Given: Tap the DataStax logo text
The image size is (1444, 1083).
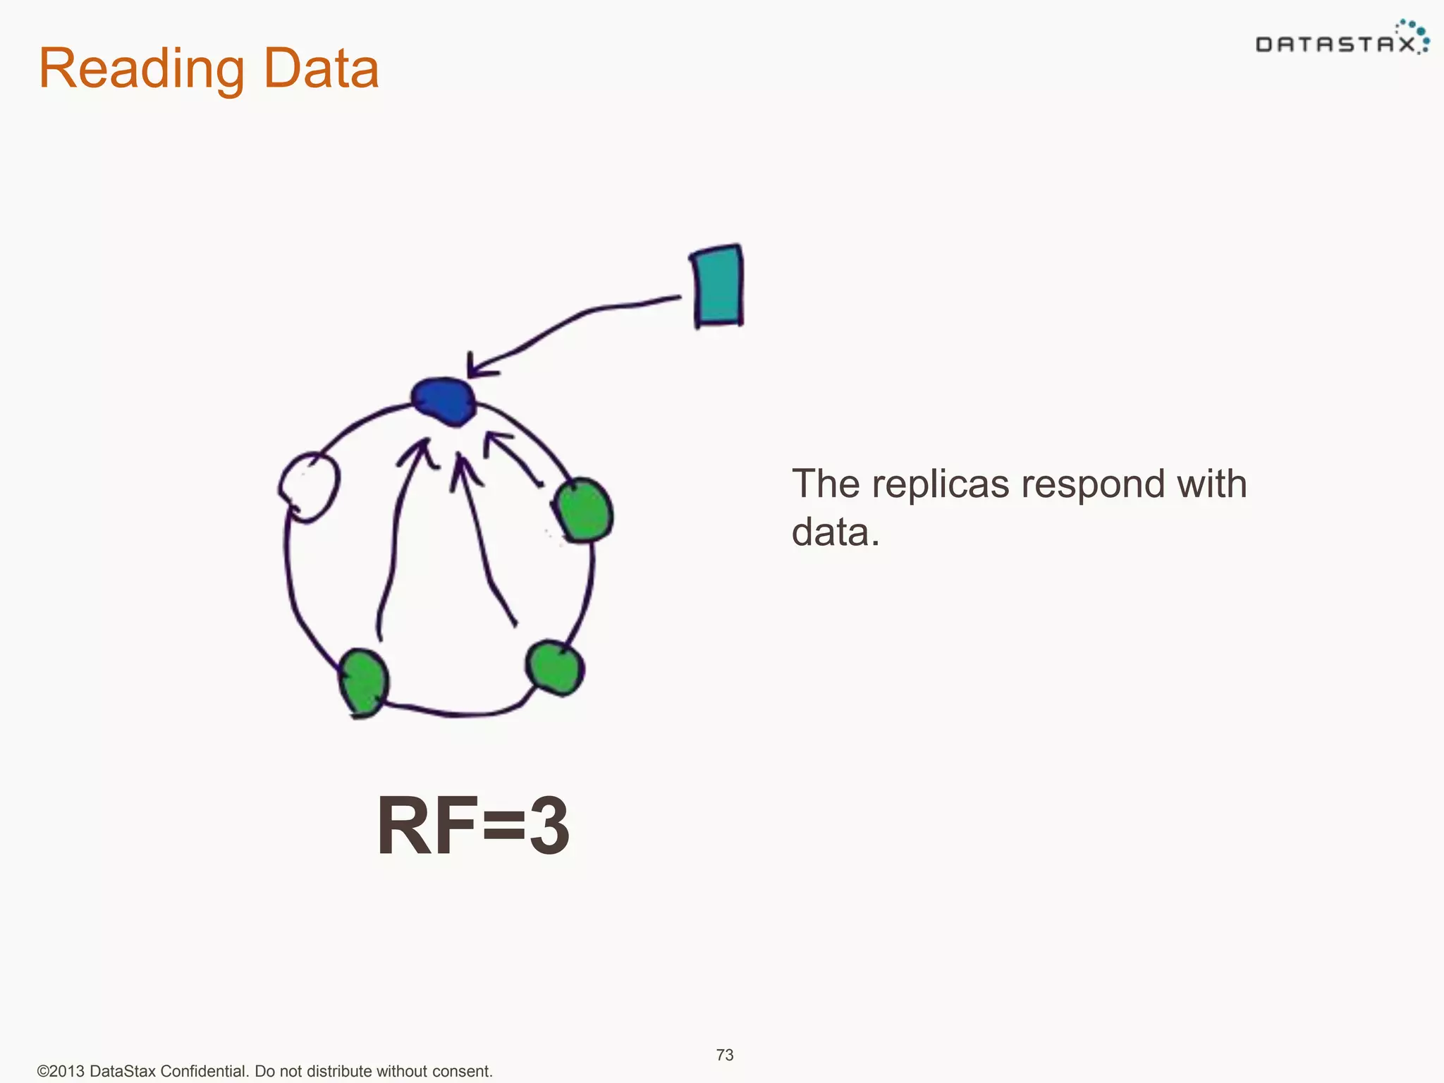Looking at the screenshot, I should [1335, 45].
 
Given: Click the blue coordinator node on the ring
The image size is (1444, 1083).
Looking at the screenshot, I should [443, 401].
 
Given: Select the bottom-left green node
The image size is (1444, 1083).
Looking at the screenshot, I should [363, 682].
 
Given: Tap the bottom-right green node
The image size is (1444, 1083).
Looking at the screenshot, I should [555, 666].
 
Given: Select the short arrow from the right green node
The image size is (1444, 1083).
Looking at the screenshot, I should [513, 458].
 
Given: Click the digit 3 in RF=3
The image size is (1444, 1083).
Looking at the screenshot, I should [549, 826].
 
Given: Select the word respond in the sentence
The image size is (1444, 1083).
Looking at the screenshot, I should [1091, 484].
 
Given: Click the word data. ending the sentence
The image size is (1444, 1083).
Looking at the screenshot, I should [836, 532].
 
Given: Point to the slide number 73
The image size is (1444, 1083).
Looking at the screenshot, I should [725, 1055].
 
